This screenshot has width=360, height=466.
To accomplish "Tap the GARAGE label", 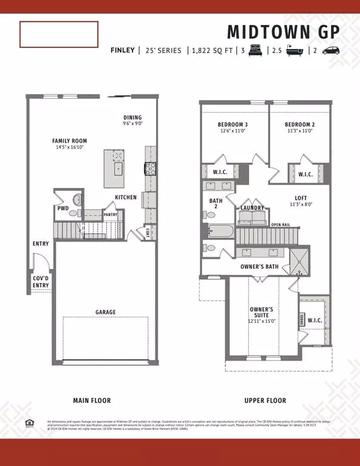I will point(106,312).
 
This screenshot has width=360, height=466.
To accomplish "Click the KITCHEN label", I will point(126,198).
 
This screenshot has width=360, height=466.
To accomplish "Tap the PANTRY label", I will point(110,214).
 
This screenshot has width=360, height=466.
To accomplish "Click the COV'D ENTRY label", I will point(41,282).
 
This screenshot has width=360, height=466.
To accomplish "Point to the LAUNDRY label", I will point(253,208).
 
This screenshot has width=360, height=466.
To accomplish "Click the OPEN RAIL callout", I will point(280,225).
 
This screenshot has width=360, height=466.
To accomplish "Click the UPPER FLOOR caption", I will point(265,400).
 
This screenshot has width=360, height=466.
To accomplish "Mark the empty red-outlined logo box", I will point(59,35).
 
